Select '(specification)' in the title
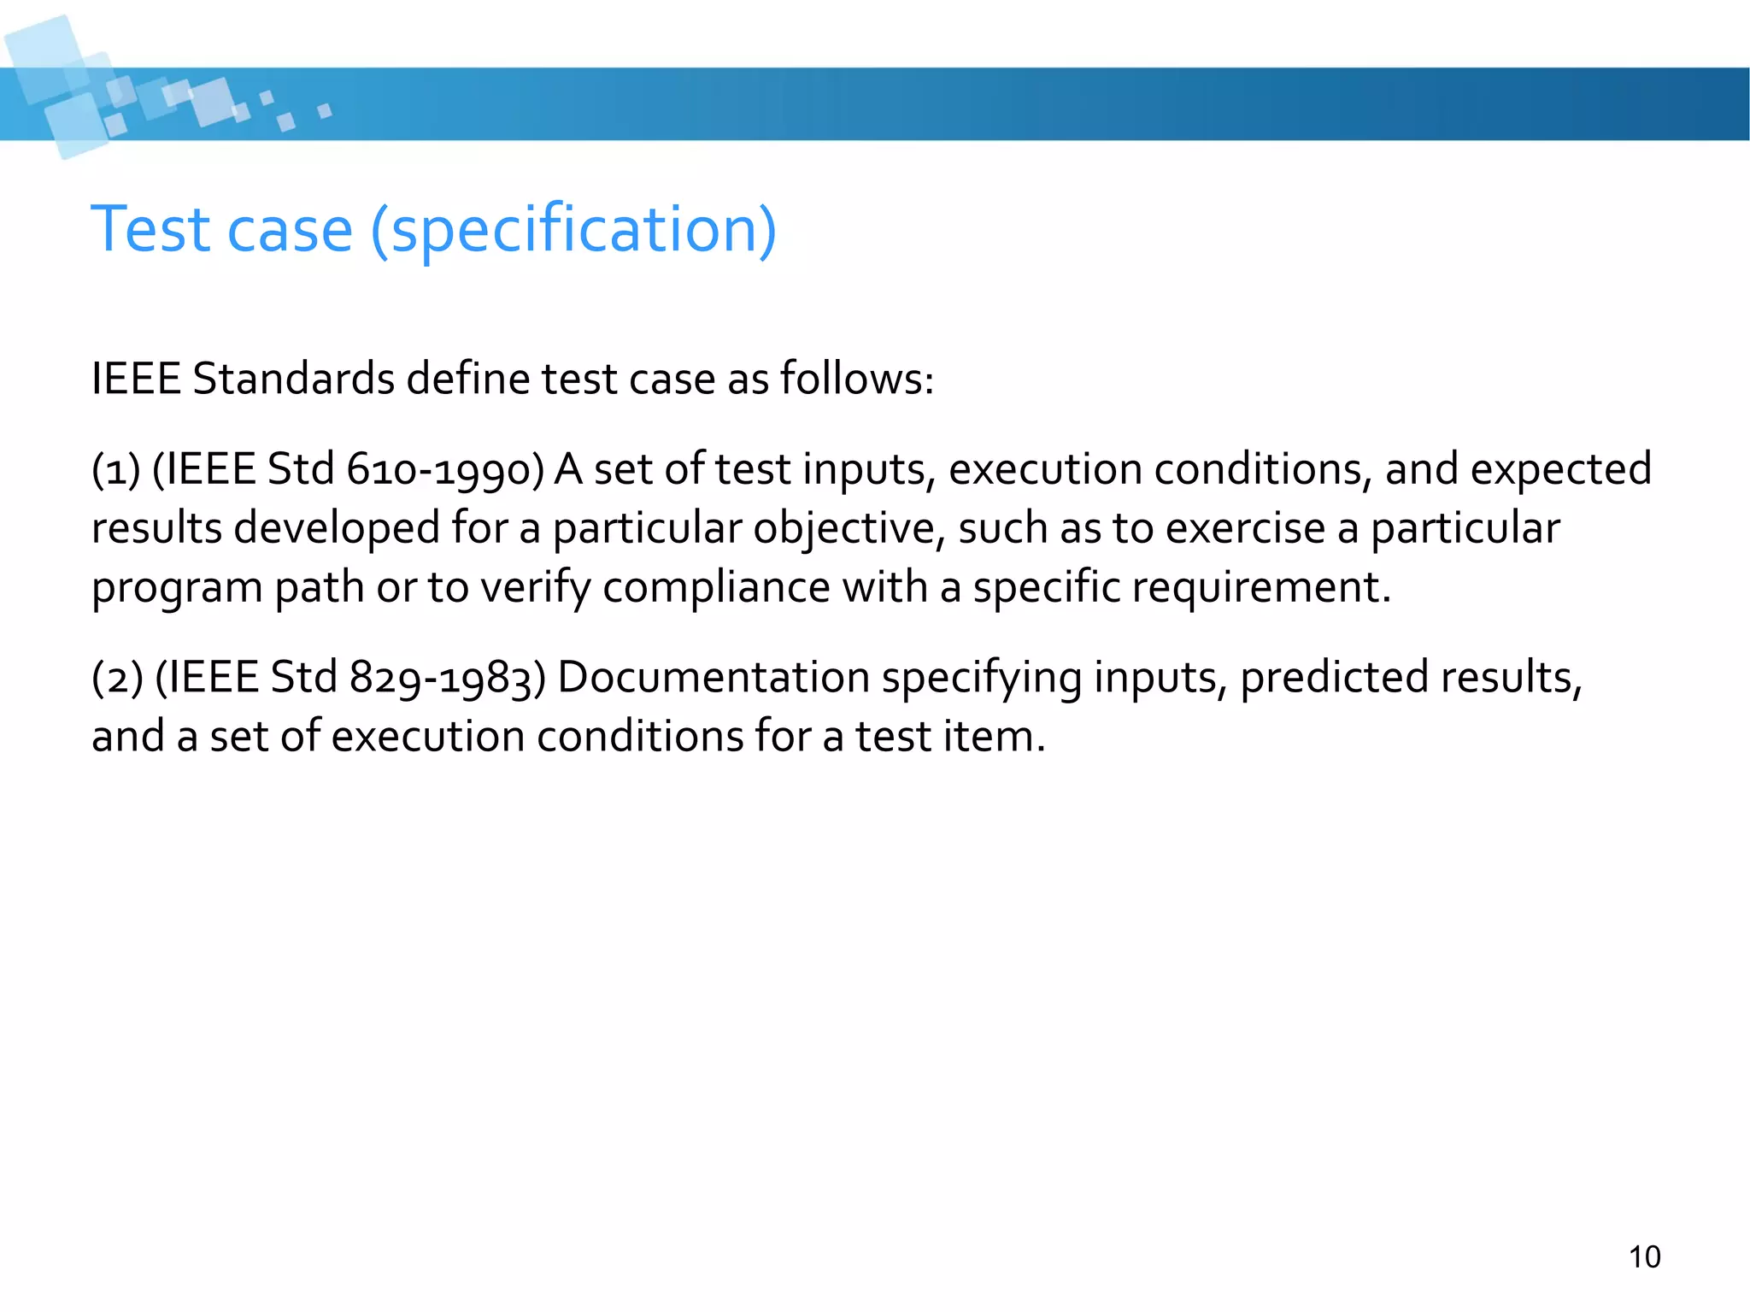(573, 231)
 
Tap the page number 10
(1644, 1257)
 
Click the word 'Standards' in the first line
(293, 379)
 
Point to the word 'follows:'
(857, 379)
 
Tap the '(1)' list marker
(116, 470)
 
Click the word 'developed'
(337, 528)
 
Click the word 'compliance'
(716, 588)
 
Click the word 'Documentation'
(713, 678)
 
